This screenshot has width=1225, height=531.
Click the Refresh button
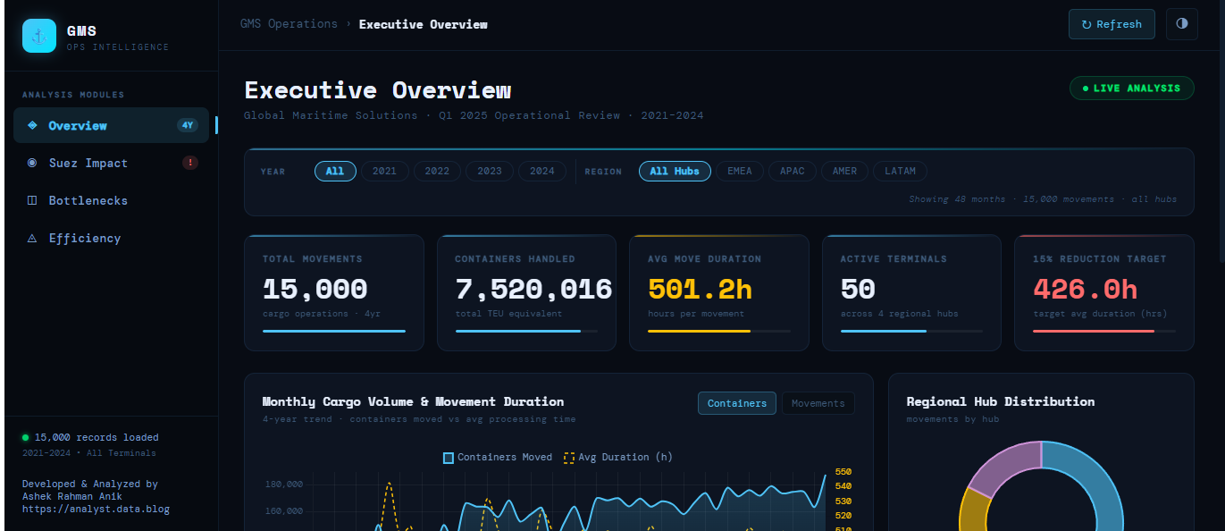point(1112,24)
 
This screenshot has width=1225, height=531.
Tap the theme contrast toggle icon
point(1181,24)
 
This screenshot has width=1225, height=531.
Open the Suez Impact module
point(88,163)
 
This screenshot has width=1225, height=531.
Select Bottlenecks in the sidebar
point(88,200)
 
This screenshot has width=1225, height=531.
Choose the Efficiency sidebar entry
point(84,238)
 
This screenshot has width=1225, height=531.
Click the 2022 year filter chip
point(437,171)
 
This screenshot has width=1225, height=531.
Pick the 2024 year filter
point(541,171)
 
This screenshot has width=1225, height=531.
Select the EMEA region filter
point(740,171)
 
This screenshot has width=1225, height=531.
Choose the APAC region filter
point(792,171)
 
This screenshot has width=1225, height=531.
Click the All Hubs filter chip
point(675,171)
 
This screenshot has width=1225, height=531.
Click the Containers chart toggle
point(737,403)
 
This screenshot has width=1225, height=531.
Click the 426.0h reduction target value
point(1085,289)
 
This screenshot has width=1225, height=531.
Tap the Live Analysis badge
point(1131,88)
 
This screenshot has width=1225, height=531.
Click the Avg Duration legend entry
point(618,457)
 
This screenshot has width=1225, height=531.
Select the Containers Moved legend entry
point(498,457)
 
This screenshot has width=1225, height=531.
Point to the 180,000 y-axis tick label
point(284,484)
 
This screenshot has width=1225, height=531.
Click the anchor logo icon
point(39,36)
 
